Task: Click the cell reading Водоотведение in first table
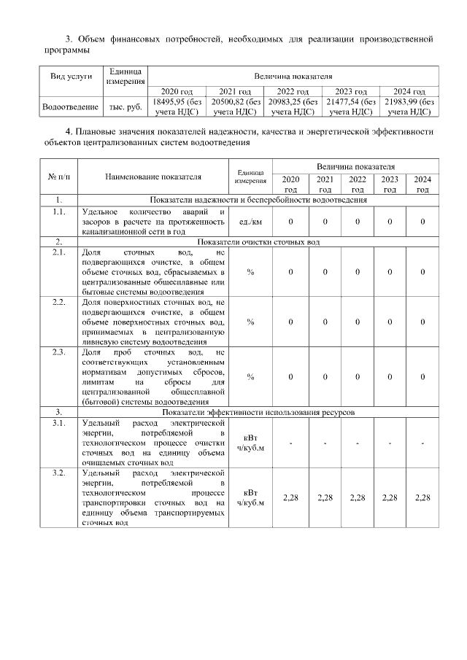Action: (x=70, y=107)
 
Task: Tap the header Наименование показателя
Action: (x=153, y=176)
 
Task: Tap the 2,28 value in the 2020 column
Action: (x=291, y=497)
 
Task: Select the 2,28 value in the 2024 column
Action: (x=422, y=497)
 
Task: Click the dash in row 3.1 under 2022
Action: (x=358, y=443)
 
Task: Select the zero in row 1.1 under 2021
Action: (x=325, y=221)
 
